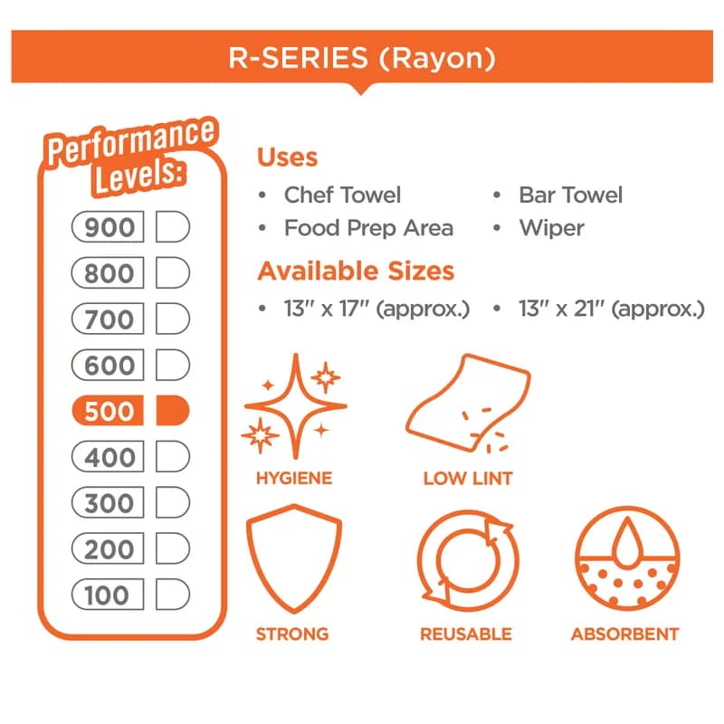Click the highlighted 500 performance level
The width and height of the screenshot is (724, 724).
[108, 411]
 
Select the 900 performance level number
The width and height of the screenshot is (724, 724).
[108, 227]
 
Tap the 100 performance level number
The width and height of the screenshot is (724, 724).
[108, 595]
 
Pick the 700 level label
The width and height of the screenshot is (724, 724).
[108, 319]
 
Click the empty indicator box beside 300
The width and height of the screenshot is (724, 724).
[173, 502]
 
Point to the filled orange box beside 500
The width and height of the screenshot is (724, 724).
[173, 411]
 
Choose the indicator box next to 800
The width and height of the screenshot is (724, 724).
[173, 273]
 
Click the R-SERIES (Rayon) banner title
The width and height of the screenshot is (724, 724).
[362, 58]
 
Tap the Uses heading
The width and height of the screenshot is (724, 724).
[287, 157]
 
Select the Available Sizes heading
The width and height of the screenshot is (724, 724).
[356, 271]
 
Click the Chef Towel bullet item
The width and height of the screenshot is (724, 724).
[342, 195]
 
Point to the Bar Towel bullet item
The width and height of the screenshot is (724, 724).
[571, 195]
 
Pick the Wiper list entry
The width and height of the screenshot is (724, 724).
[552, 228]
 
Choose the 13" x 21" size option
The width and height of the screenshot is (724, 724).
[612, 309]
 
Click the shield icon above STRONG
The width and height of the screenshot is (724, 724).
[294, 559]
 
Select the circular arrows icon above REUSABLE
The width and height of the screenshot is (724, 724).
[468, 560]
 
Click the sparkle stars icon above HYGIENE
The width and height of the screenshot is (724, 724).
[294, 406]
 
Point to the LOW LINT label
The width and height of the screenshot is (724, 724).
[468, 479]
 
